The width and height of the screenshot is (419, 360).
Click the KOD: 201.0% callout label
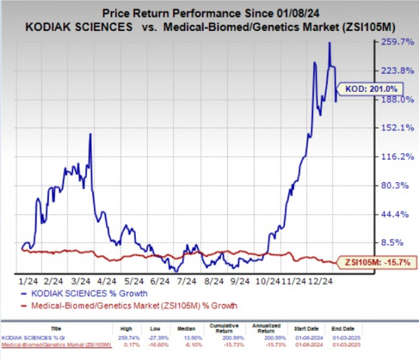pyautogui.click(x=372, y=88)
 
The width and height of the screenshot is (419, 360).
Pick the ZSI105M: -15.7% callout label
pyautogui.click(x=375, y=261)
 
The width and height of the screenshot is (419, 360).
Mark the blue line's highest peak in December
pyautogui.click(x=329, y=43)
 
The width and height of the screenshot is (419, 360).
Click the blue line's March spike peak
pyautogui.click(x=91, y=134)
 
